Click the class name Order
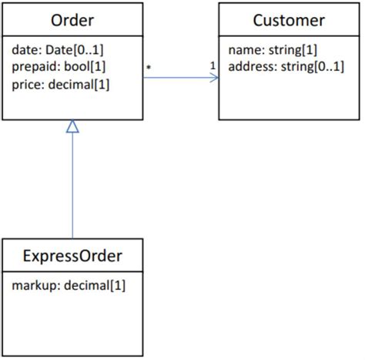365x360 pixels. pos(72,19)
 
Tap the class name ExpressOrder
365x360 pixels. pos(72,254)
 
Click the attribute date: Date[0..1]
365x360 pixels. pos(58,50)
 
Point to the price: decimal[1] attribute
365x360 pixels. pos(61,84)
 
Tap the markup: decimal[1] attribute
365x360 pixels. pos(69,286)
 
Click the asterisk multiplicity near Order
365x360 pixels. pos(149,69)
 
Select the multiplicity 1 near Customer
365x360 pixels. pos(212,67)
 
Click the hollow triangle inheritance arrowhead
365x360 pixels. pos(72,127)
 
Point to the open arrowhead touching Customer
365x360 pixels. pos(214,77)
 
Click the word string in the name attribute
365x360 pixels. pos(280,50)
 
